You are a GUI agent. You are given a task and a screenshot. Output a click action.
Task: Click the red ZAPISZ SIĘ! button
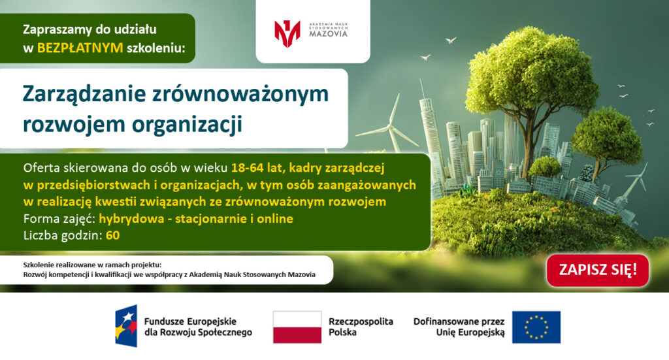[x=598, y=270]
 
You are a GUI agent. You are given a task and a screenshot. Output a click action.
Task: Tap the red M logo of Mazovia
[x=287, y=33]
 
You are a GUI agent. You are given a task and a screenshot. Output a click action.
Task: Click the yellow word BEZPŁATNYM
[x=80, y=48]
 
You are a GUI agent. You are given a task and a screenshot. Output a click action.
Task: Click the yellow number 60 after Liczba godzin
[x=112, y=235]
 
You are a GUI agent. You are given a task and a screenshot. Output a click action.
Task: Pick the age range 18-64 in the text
[x=248, y=168]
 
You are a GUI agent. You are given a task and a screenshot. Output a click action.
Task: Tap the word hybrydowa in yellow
[x=131, y=219]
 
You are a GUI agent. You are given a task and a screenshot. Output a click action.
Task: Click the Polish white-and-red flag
[x=297, y=327]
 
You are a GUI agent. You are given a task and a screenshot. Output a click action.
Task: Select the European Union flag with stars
[x=536, y=327]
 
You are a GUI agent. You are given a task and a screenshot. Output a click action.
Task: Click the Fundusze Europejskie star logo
[x=126, y=326]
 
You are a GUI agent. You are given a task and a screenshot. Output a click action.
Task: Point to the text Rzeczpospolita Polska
[x=361, y=327]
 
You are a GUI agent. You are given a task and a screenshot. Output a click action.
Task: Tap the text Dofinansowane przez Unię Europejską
[x=459, y=327]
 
